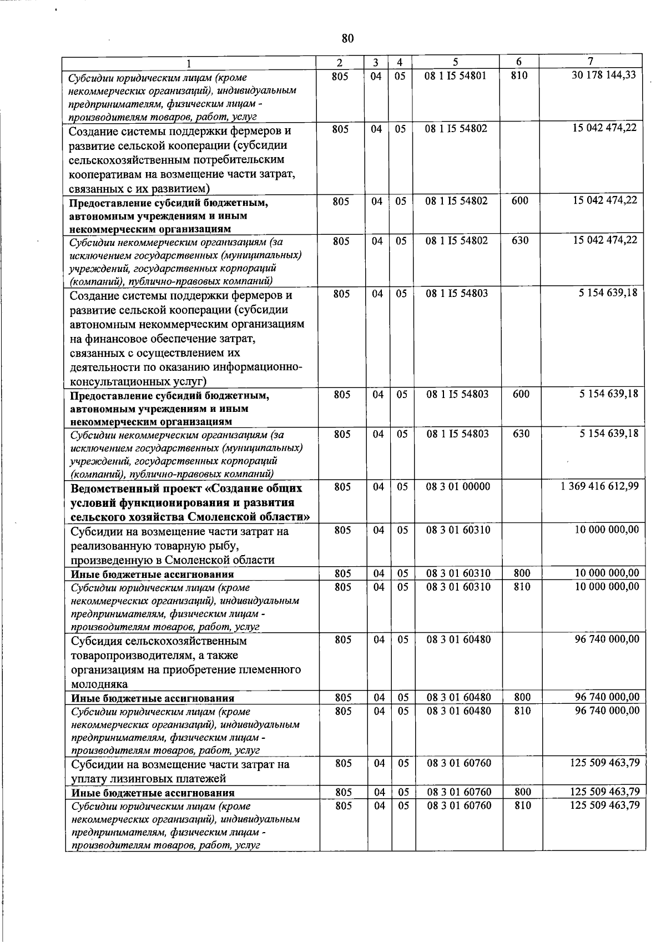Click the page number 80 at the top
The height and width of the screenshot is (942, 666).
(347, 38)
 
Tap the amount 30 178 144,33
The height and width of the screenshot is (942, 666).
(604, 75)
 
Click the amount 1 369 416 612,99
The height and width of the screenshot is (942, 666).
(599, 486)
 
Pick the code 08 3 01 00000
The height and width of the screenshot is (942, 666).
(458, 487)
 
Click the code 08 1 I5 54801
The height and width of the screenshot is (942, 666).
(455, 75)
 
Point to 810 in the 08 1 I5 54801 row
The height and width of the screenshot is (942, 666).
(518, 75)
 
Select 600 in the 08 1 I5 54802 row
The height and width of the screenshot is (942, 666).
(519, 201)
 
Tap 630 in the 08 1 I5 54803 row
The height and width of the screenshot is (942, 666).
(521, 434)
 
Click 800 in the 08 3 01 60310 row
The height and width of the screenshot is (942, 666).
(522, 573)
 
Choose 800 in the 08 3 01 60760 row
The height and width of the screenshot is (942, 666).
(523, 792)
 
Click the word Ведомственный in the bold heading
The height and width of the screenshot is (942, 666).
(117, 488)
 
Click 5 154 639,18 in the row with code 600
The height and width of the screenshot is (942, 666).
(608, 394)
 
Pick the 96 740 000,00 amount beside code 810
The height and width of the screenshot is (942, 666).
(607, 711)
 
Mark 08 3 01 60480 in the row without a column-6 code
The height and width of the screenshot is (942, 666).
(458, 639)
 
